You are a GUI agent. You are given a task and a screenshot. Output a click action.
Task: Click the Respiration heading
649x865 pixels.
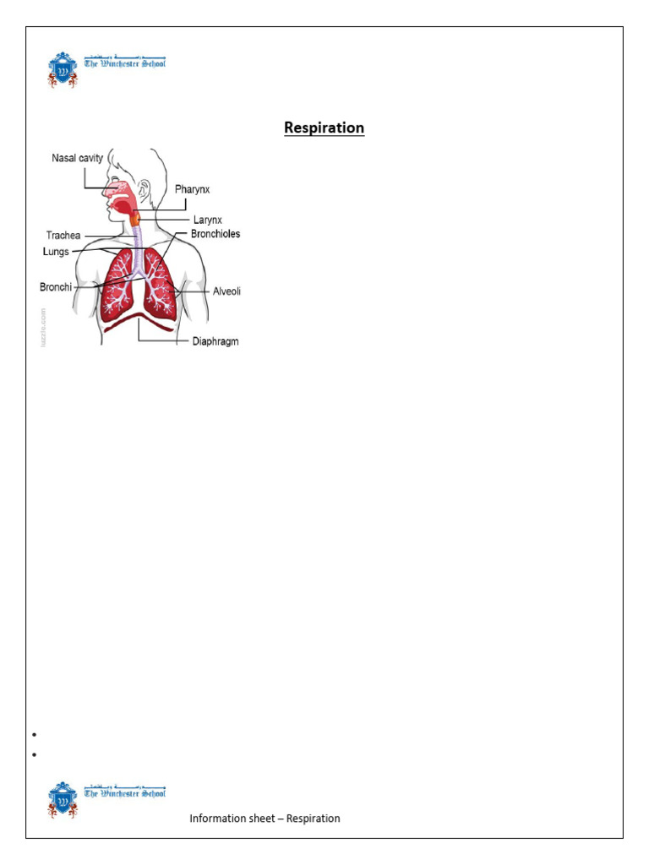point(324,128)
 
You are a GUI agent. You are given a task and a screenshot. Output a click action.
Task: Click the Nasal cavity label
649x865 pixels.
point(78,158)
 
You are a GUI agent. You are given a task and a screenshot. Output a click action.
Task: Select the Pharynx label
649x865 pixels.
point(192,189)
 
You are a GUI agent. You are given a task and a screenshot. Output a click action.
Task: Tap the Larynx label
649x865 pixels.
point(207,220)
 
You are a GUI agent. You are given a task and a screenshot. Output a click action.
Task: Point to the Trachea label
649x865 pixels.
point(63,236)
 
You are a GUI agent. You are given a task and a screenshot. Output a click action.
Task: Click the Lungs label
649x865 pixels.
point(57,252)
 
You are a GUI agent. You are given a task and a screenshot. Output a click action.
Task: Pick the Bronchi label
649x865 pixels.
point(56,287)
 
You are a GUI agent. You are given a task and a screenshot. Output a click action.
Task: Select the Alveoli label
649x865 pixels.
point(226,291)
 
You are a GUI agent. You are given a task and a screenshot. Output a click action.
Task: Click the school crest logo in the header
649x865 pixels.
point(63,70)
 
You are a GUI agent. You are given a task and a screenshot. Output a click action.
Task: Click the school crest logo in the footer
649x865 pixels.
point(63,799)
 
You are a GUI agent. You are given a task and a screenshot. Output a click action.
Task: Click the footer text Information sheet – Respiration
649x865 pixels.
point(265,819)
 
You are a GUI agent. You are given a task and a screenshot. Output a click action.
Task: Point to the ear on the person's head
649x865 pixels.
point(145,188)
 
